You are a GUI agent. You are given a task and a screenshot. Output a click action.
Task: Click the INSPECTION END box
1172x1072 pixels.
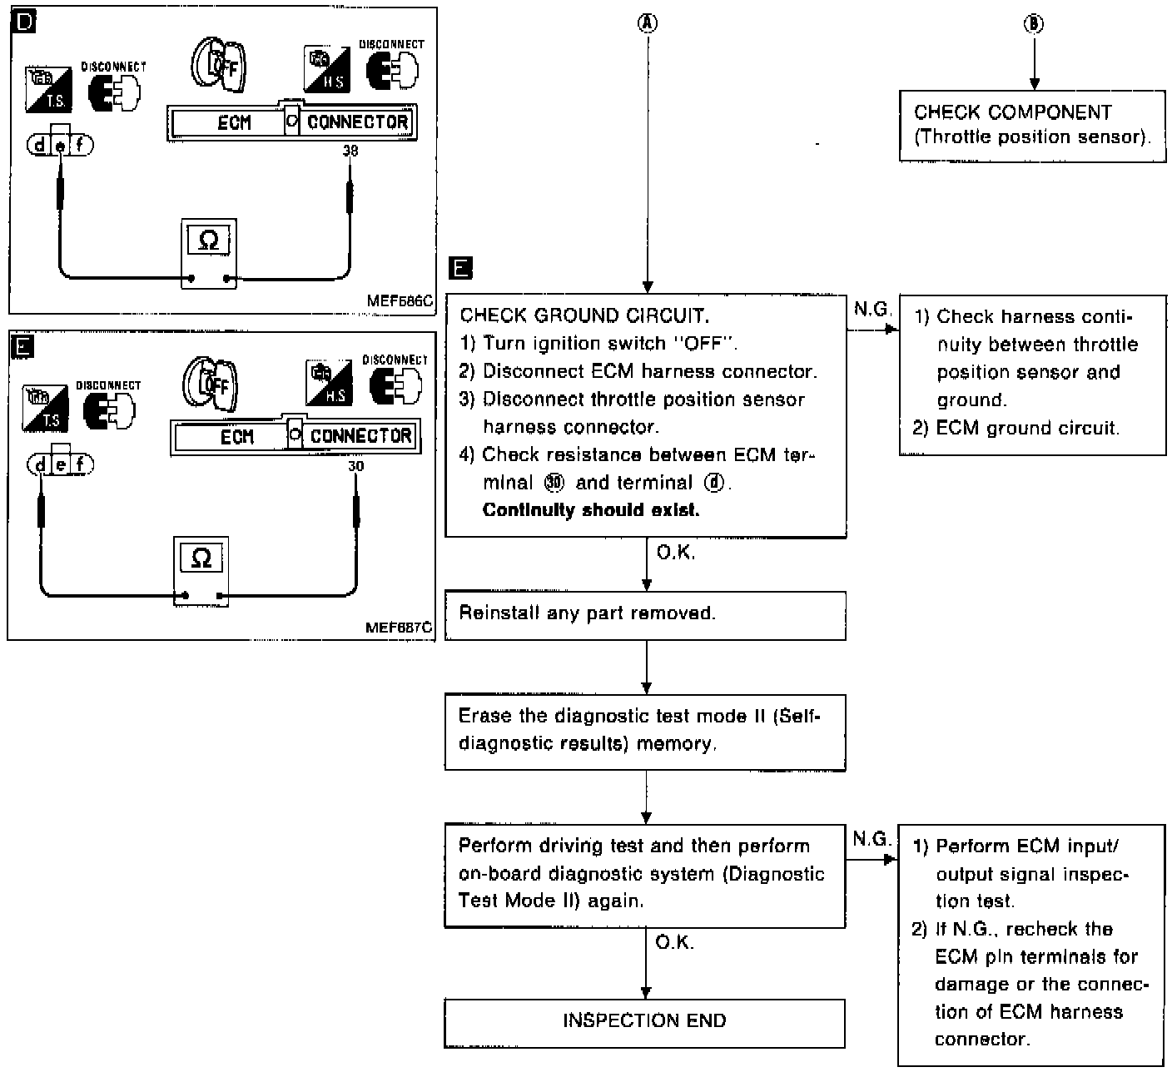click(x=645, y=1021)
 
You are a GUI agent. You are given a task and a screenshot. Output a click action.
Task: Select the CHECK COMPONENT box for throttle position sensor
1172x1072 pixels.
click(x=1032, y=126)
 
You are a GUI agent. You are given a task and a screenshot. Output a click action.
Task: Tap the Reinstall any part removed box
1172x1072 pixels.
click(x=645, y=614)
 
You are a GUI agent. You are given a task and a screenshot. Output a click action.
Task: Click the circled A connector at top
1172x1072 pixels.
click(x=647, y=24)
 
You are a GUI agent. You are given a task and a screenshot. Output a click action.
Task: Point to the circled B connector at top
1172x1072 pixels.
click(x=1033, y=24)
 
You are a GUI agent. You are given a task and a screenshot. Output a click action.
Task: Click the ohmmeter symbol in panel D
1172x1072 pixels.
click(x=209, y=241)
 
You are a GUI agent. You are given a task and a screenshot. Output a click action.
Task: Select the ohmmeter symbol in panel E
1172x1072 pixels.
click(x=201, y=558)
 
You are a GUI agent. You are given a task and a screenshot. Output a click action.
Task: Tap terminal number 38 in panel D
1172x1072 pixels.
click(x=350, y=151)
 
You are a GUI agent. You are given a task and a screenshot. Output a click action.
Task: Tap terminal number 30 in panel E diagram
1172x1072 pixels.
click(x=355, y=467)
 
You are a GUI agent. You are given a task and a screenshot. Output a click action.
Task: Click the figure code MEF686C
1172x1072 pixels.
click(x=400, y=301)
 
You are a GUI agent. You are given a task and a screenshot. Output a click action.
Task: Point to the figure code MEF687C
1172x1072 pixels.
click(x=399, y=628)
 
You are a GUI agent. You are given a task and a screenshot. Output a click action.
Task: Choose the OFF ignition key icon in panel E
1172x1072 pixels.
click(x=211, y=384)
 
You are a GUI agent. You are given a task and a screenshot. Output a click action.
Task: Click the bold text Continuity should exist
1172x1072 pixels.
click(x=591, y=510)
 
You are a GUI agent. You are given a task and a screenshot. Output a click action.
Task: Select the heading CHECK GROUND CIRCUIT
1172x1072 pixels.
click(x=584, y=315)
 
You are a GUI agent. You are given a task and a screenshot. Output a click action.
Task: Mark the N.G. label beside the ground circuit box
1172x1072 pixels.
click(x=872, y=310)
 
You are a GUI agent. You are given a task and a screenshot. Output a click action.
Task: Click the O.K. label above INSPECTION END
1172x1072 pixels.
click(x=674, y=942)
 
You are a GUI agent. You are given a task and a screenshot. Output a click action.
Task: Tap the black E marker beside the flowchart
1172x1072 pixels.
click(x=459, y=268)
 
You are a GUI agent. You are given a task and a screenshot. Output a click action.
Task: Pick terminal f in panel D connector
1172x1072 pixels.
click(x=80, y=146)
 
